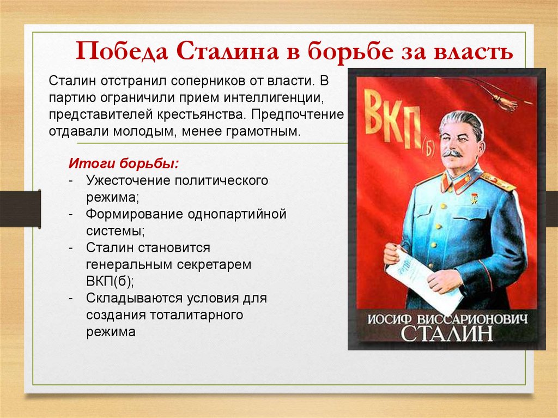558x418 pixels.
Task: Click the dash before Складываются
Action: (72, 299)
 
